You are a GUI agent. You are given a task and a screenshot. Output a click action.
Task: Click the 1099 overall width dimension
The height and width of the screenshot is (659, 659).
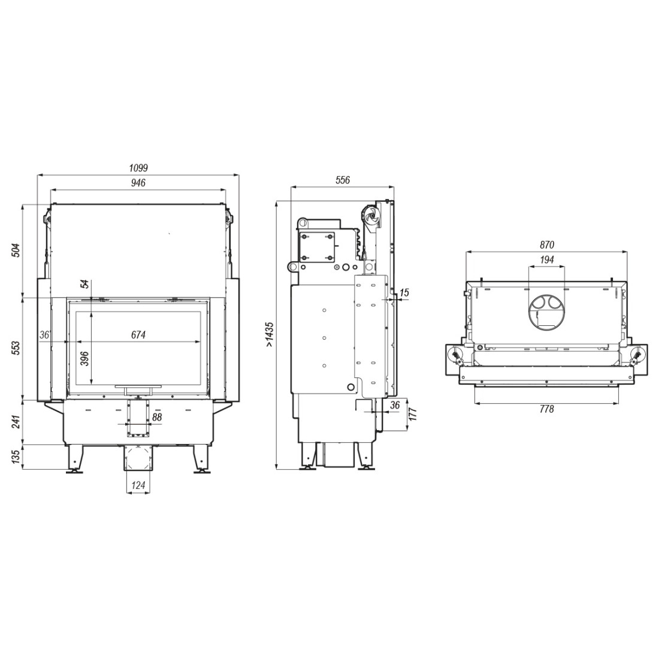tap(138, 168)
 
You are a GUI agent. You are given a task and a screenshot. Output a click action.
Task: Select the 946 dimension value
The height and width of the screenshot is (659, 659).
tap(138, 182)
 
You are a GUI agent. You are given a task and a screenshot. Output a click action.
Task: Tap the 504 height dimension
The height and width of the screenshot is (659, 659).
tap(15, 250)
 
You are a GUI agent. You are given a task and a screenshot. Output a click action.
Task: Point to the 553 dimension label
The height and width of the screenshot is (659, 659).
tap(15, 349)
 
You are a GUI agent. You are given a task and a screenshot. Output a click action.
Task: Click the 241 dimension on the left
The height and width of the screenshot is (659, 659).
tap(15, 422)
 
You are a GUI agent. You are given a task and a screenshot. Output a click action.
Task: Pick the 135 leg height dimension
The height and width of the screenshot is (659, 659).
tap(15, 457)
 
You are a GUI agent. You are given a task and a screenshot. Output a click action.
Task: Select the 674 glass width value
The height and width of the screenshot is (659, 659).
tap(138, 334)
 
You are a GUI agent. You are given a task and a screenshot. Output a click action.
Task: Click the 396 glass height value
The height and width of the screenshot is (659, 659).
tap(85, 358)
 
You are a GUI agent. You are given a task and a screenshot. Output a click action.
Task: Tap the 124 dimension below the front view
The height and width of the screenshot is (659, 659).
tap(138, 485)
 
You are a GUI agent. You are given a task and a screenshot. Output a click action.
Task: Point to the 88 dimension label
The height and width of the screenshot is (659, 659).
tap(157, 418)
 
